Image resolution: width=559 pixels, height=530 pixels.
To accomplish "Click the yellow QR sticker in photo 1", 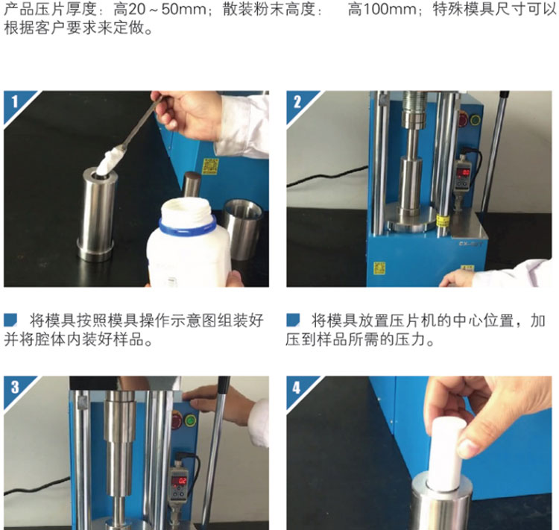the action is point(210,166).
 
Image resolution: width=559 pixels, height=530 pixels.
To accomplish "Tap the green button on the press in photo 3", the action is point(190,421).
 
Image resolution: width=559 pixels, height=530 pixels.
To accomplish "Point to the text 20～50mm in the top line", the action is point(162,9).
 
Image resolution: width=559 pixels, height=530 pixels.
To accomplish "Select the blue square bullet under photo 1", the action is point(10,320).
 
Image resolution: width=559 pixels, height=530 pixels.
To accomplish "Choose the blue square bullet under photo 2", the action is point(293,320).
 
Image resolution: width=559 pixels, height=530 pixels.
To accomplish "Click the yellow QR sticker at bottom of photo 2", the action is point(379,268).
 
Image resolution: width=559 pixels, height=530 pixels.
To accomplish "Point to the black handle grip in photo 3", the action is point(224,385).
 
